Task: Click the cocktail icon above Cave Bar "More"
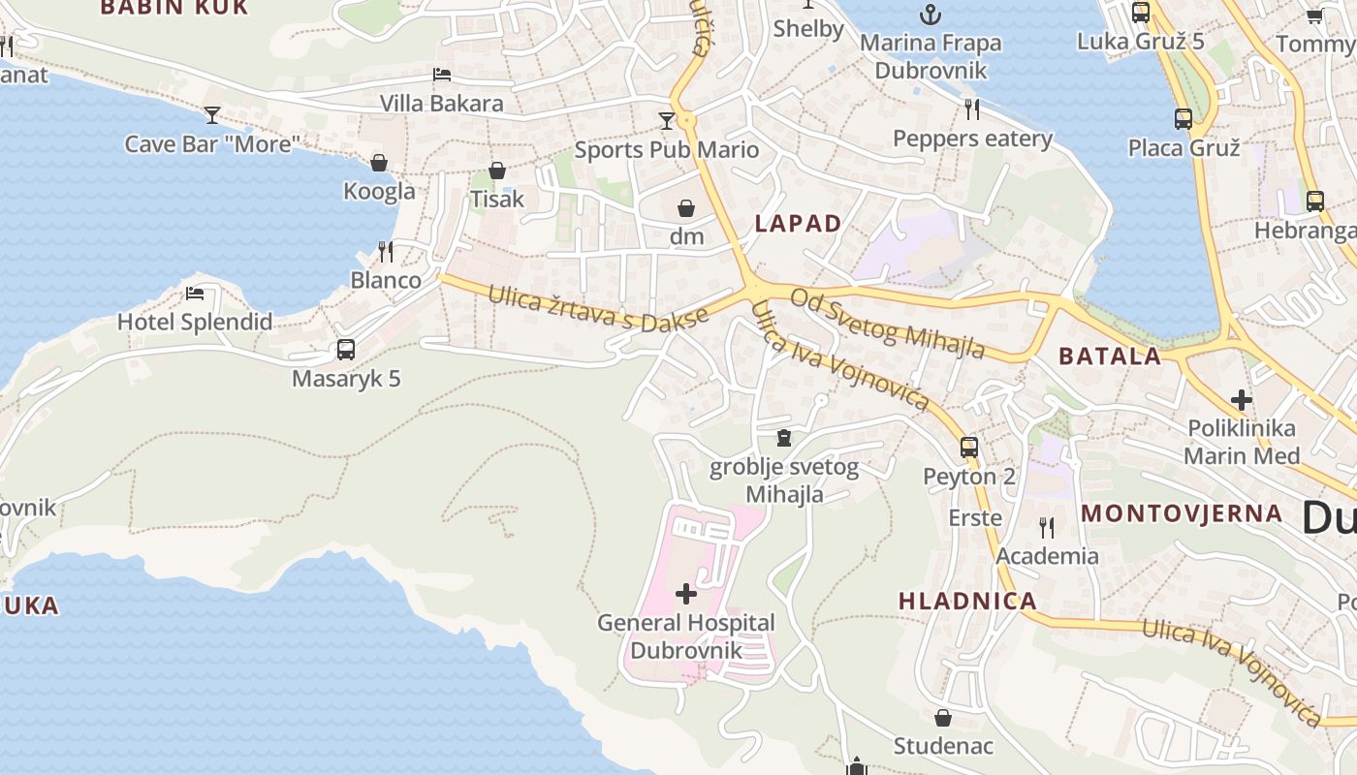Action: point(212,115)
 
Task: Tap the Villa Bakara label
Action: point(441,104)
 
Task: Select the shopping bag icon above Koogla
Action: point(379,163)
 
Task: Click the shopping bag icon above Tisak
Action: point(497,170)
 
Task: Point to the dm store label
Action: point(686,235)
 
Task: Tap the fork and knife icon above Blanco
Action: point(386,252)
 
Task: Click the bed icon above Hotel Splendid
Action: point(195,293)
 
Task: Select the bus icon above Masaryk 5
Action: point(346,350)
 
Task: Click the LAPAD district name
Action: point(798,224)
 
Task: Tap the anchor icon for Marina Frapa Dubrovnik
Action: point(931,15)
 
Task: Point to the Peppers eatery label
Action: point(972,139)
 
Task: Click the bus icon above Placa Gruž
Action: point(1183,119)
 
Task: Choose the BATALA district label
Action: point(1110,356)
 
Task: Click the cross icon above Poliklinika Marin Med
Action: point(1242,399)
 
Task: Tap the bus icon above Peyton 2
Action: point(969,448)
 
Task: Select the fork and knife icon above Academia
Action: point(1047,527)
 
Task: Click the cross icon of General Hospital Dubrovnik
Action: point(686,593)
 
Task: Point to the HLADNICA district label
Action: point(967,601)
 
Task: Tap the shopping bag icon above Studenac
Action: point(943,718)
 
